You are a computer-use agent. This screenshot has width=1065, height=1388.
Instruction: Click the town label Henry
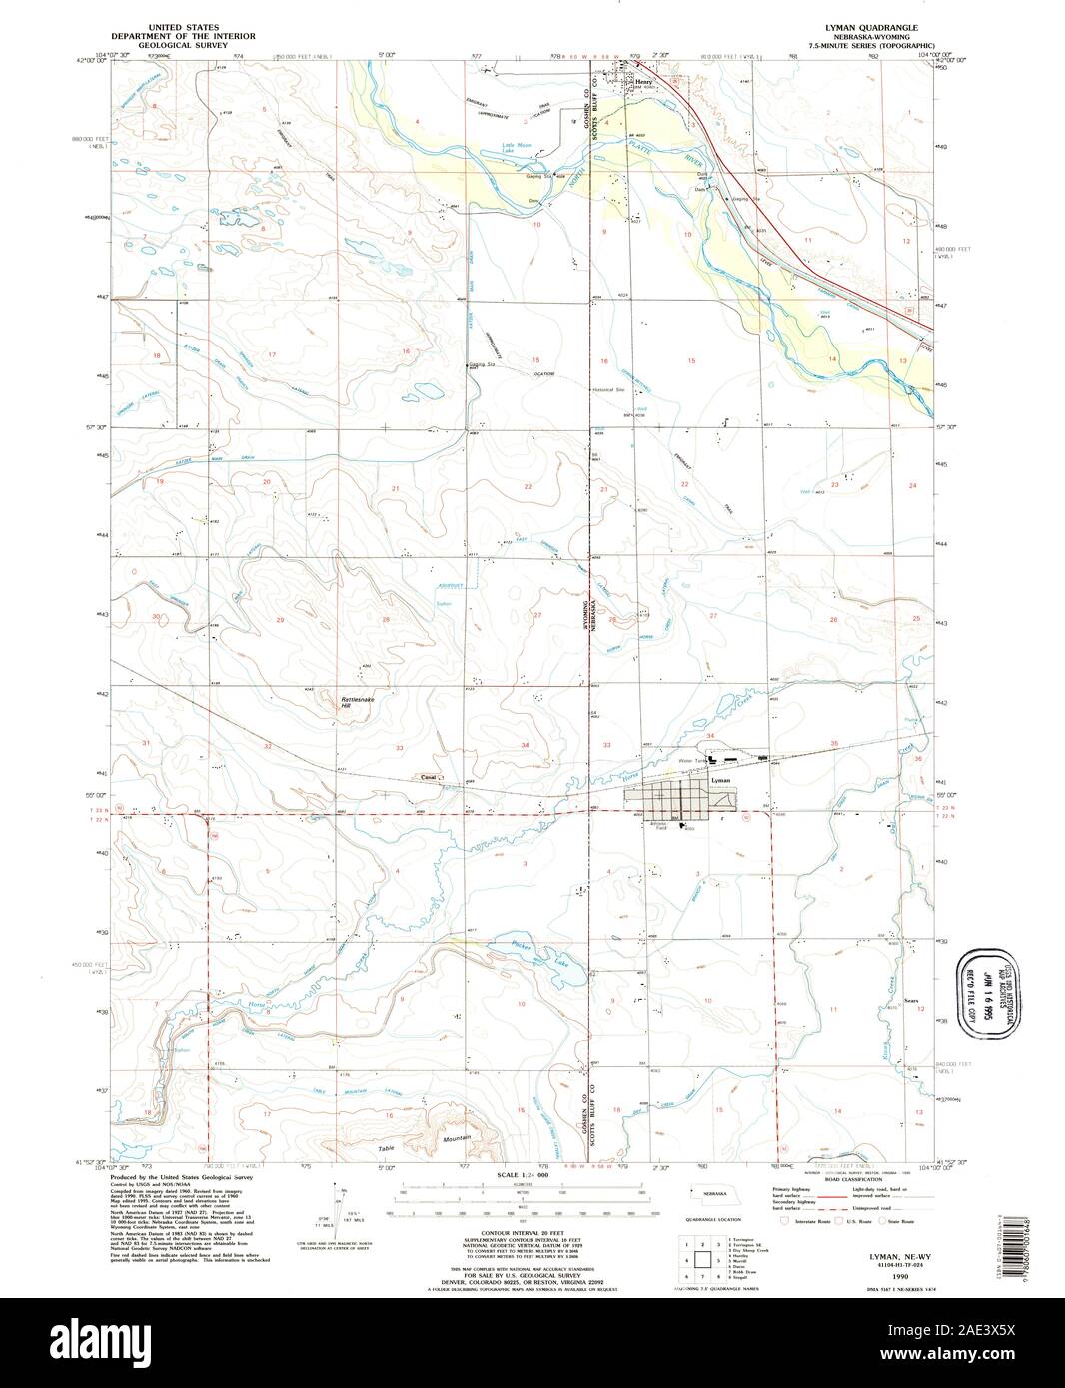(643, 83)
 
